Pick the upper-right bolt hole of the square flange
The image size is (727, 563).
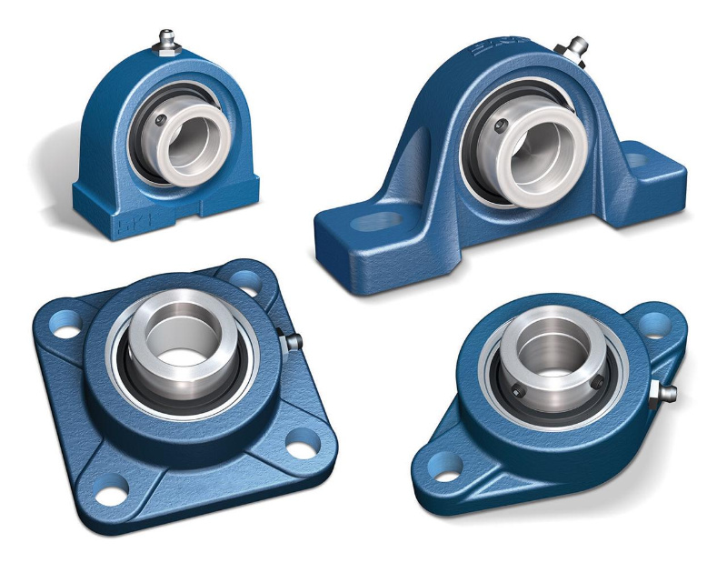pos(245,273)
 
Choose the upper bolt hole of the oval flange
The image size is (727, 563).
pos(656,322)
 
